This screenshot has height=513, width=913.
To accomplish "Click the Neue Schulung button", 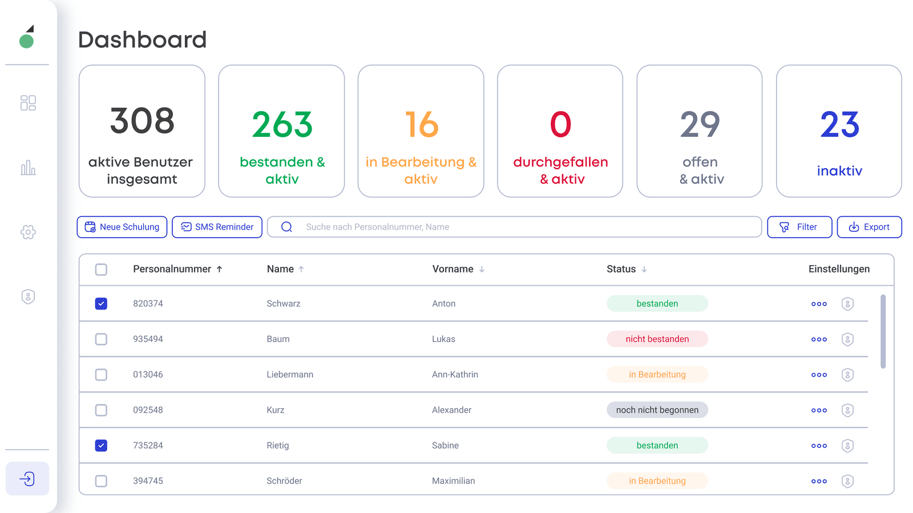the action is pos(122,227).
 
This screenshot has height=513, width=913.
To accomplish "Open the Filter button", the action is pos(799,227).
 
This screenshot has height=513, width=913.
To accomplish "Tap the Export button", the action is pos(869,227).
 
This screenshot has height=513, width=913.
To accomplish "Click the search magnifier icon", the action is pos(286,227).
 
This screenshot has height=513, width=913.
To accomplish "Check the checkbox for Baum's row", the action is pos(101,339).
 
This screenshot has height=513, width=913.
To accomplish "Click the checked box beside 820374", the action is pos(101,304).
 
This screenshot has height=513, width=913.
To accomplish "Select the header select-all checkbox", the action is pos(101,270).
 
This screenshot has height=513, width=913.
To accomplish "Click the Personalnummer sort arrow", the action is pos(219,269).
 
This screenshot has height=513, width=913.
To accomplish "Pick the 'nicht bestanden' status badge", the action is pos(657,339).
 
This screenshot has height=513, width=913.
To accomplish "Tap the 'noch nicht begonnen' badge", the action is pos(657,410).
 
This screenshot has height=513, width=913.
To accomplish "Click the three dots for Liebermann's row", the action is pos(819,374).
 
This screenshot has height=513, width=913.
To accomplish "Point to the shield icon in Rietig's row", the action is pos(848,445).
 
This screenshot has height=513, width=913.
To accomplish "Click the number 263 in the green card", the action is pos(282,124).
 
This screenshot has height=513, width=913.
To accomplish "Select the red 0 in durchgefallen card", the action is pos(560,124).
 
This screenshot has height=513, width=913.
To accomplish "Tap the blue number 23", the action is pos(839,124).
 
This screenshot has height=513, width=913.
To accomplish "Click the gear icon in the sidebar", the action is pos(28,232).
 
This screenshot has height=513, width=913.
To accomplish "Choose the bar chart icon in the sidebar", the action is pos(28,168).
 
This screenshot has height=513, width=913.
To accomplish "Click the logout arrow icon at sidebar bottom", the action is pos(27,479).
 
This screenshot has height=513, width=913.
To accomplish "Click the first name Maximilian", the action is pos(453,481).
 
